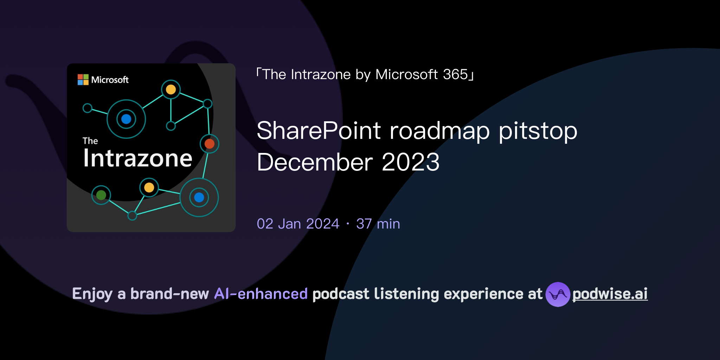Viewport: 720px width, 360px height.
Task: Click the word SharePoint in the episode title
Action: pyautogui.click(x=319, y=131)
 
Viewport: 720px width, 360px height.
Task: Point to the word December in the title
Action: pyautogui.click(x=315, y=162)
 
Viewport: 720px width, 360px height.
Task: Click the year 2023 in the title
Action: pyautogui.click(x=410, y=162)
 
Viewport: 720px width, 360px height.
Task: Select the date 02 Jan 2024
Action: pyautogui.click(x=298, y=224)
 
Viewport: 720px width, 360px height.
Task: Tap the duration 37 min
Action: pyautogui.click(x=378, y=224)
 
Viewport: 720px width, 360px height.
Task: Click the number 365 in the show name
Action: pyautogui.click(x=455, y=75)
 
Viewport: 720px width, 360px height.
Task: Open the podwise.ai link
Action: pyautogui.click(x=610, y=294)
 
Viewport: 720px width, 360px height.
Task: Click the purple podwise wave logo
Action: pyautogui.click(x=558, y=294)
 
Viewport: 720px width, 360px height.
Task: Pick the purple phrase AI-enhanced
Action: pyautogui.click(x=261, y=294)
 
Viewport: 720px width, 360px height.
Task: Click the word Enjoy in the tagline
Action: pyautogui.click(x=92, y=294)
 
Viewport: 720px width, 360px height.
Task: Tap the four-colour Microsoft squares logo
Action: pyautogui.click(x=83, y=79)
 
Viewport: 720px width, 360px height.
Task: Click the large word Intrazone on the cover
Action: pyautogui.click(x=138, y=158)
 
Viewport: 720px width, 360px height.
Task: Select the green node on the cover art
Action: pyautogui.click(x=101, y=195)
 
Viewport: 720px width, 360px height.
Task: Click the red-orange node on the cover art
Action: pyautogui.click(x=210, y=144)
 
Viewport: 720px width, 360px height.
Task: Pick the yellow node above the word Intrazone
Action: pyautogui.click(x=171, y=90)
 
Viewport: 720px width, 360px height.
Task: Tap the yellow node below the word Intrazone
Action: pyautogui.click(x=149, y=187)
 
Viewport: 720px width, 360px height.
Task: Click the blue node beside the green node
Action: pyautogui.click(x=199, y=197)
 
